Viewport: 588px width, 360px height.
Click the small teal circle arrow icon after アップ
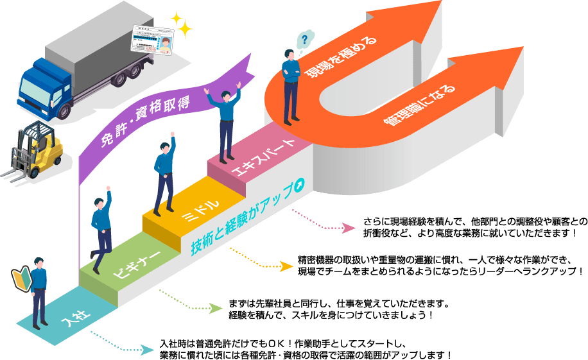tap(297, 184)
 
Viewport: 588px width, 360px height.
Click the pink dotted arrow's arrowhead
tap(349, 228)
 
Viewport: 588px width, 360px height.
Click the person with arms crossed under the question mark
tap(291, 87)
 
